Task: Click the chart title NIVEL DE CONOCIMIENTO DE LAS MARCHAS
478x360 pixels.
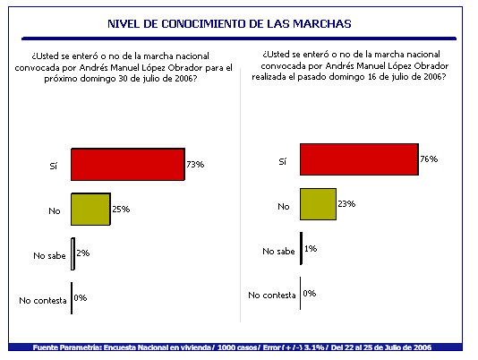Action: [229, 24]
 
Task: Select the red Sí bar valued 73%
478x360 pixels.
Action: [128, 164]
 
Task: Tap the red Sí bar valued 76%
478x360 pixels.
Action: [359, 159]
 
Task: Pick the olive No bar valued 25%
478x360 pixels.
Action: [90, 209]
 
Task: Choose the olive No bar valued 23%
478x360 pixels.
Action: [318, 204]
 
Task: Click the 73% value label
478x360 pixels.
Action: [195, 165]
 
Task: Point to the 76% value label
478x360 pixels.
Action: [429, 159]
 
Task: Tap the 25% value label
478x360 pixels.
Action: [121, 209]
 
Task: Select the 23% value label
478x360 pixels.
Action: [346, 203]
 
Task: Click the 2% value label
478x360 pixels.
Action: [83, 253]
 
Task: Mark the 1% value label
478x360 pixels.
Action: [311, 249]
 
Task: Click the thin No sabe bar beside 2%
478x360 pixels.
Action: [73, 253]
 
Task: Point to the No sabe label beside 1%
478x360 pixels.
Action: [278, 251]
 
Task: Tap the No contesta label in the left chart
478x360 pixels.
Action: [43, 301]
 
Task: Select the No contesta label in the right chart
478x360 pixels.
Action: [272, 295]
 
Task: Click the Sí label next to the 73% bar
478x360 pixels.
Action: [54, 166]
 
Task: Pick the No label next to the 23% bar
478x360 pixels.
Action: [284, 207]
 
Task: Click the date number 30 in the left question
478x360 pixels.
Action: [123, 79]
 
